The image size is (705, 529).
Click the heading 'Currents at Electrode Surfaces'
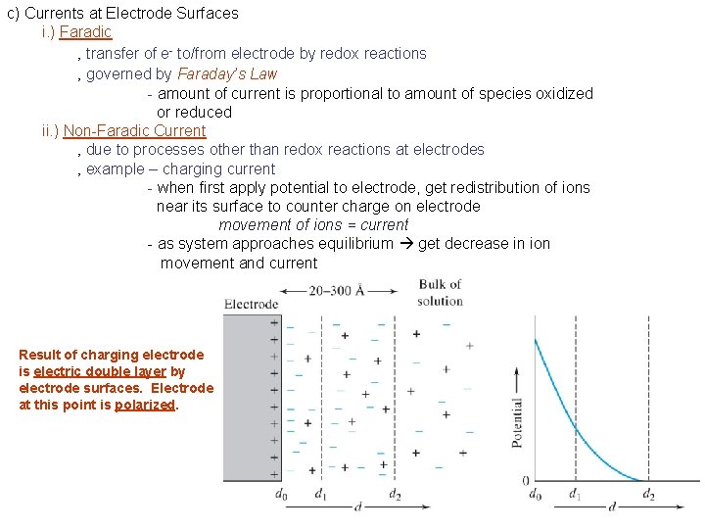pos(130,14)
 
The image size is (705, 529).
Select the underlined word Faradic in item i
pos(85,32)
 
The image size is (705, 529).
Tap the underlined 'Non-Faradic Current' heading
pos(134,130)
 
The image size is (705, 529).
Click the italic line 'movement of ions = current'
pos(313,224)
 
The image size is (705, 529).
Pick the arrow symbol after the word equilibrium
pos(405,244)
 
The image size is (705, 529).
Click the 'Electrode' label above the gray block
pos(251,304)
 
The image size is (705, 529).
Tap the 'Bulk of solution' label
pos(440,292)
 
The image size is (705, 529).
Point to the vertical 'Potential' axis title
pos(517,422)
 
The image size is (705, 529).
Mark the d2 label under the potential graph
pos(648,495)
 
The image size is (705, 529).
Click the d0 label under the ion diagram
pos(281,495)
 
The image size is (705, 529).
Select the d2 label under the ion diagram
pos(395,495)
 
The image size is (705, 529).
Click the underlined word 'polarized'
pos(146,405)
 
